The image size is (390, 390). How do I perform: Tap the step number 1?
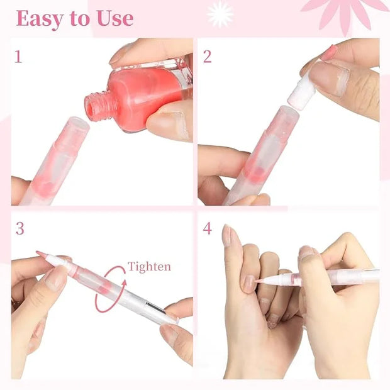18,57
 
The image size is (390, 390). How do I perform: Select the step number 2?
207,57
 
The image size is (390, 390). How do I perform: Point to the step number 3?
20,228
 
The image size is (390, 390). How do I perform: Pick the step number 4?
207,228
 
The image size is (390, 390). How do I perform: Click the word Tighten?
149,267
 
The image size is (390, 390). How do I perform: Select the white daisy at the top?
220,14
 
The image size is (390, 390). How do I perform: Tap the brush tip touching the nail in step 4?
259,281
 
